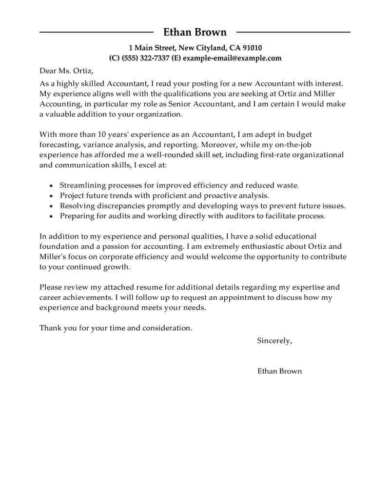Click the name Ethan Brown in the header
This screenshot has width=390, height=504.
pos(195,33)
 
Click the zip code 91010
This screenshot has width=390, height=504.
pos(252,48)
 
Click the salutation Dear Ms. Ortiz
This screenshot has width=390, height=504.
pos(66,71)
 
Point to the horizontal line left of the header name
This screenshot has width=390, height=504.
pos(97,33)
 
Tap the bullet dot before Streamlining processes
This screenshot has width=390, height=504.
pos(51,186)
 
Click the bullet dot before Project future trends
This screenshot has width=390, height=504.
pos(51,196)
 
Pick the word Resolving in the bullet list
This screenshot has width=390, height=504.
pos(77,205)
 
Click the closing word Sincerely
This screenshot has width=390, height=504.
pos(274,341)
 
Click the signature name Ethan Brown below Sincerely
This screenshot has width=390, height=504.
pos(279,371)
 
